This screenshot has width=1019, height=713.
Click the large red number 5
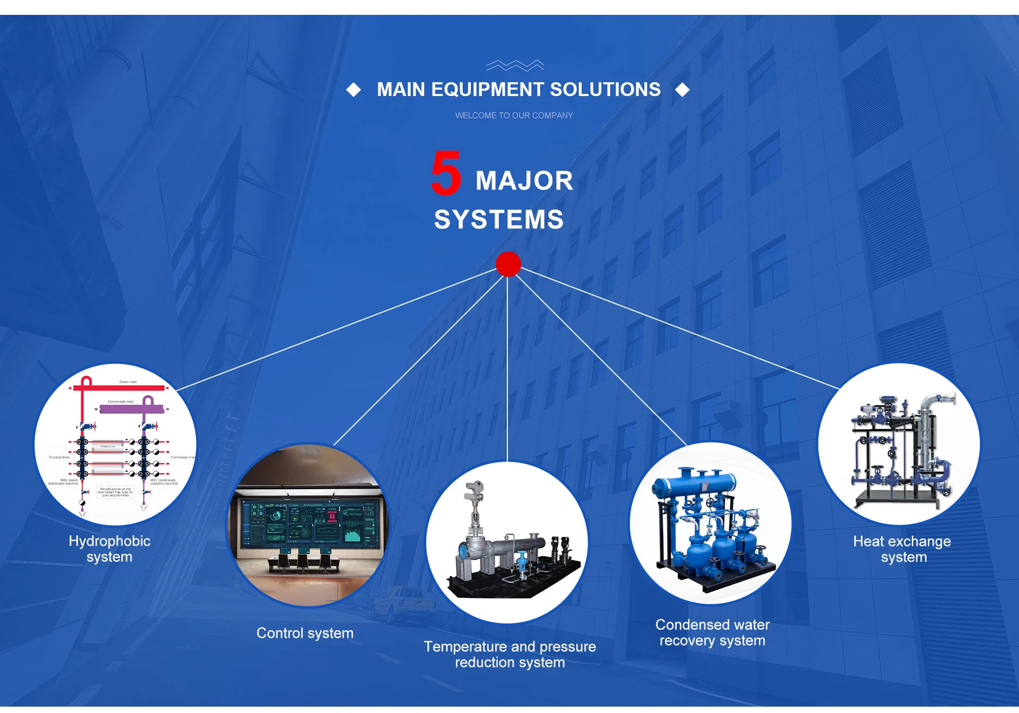click(x=446, y=172)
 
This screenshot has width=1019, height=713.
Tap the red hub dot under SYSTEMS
click(x=508, y=264)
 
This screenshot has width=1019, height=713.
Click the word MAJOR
click(x=524, y=181)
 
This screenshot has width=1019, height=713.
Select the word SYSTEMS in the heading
click(x=499, y=220)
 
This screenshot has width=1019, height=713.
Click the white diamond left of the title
click(x=353, y=90)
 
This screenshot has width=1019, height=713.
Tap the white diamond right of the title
click(x=683, y=90)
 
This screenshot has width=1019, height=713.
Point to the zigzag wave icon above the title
click(x=515, y=65)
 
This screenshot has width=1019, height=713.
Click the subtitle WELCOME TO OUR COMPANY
click(x=514, y=115)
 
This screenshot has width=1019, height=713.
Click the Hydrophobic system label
click(x=109, y=549)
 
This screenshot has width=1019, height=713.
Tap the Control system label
click(x=305, y=633)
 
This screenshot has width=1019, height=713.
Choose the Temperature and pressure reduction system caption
click(x=509, y=654)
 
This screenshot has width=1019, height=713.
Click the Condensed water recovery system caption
click(x=712, y=632)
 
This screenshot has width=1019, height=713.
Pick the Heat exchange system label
click(x=902, y=549)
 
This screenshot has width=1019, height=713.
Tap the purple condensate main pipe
click(x=130, y=409)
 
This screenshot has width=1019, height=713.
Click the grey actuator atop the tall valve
click(x=473, y=491)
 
